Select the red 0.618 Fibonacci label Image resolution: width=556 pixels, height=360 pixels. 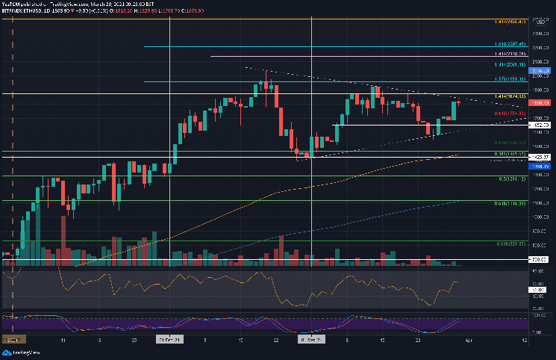[511, 114]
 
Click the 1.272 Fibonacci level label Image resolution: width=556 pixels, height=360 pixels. [511, 78]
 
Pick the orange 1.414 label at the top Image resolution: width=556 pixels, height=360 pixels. [510, 22]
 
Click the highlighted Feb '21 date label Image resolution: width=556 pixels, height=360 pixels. [170, 338]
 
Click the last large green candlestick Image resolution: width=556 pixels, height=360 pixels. [453, 111]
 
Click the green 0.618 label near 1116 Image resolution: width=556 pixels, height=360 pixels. [512, 203]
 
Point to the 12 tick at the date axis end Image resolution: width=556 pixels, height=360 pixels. [526, 338]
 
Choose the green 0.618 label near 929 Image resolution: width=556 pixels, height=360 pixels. [512, 243]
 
